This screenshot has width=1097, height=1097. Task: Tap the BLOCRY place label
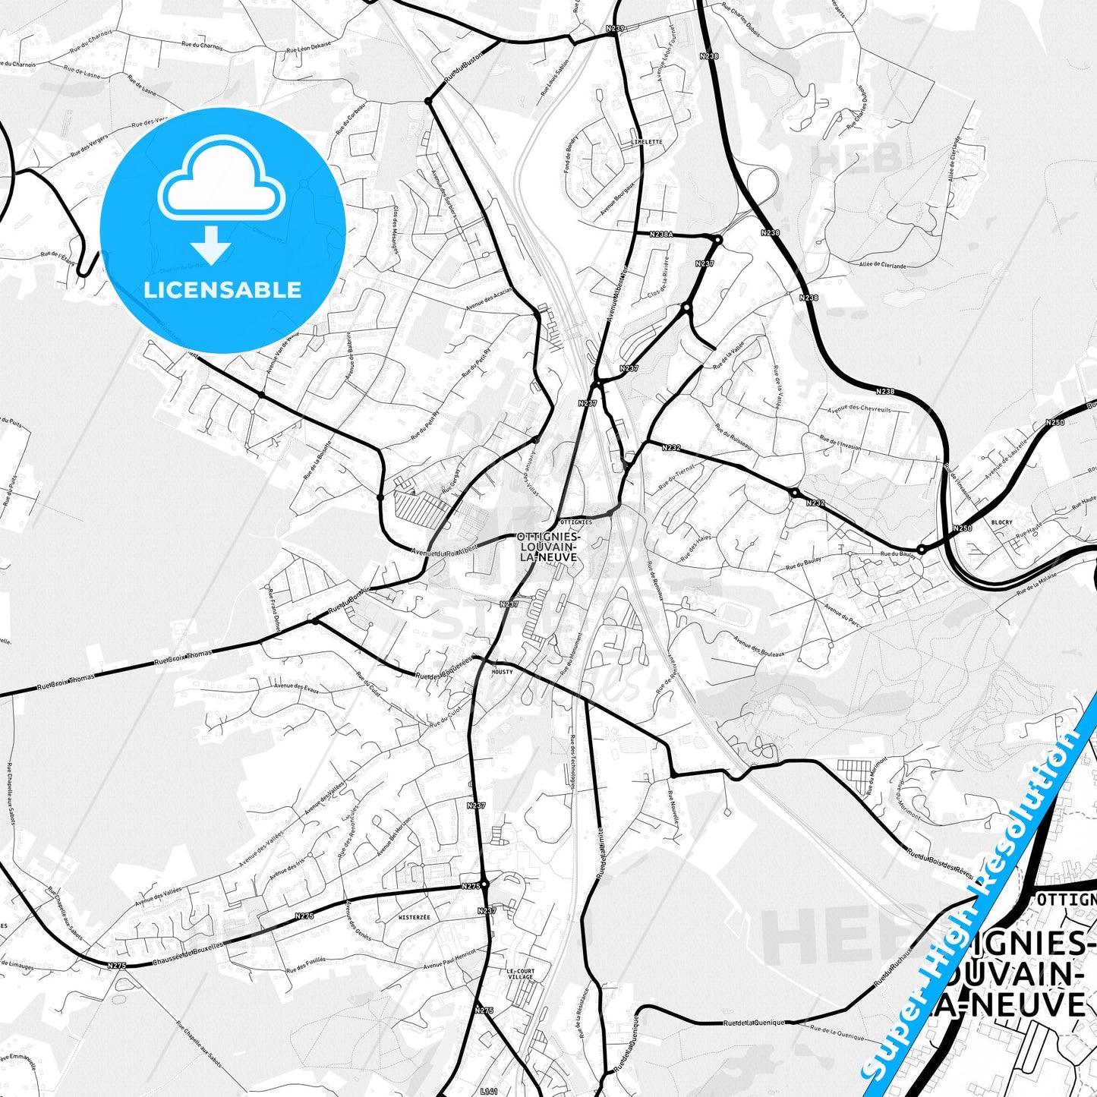1001,522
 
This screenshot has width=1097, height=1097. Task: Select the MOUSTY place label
502,672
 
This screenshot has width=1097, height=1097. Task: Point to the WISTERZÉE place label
414,917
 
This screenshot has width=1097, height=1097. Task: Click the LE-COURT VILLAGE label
520,974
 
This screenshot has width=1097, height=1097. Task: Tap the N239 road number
615,28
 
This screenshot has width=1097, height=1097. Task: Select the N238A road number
661,235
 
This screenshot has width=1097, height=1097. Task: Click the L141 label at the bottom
490,1091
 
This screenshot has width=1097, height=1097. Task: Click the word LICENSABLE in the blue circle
222,290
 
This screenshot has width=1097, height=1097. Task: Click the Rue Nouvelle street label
672,809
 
